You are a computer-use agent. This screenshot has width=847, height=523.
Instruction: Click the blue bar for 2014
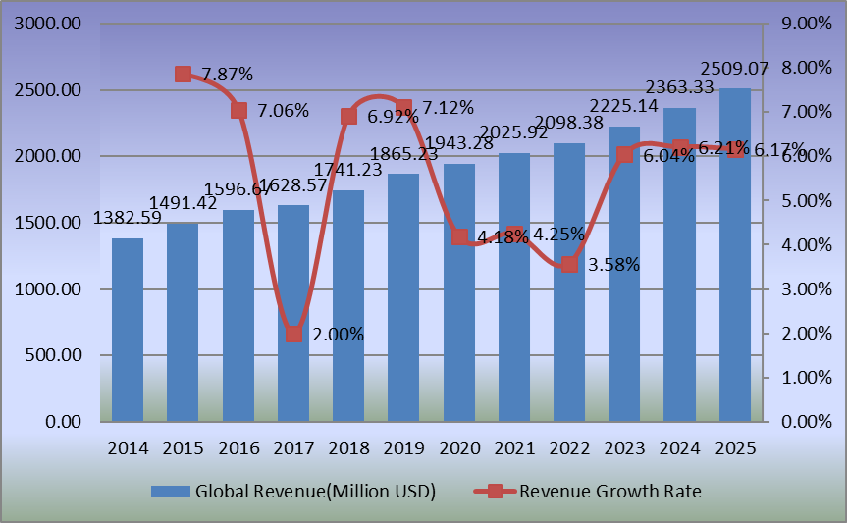click(128, 330)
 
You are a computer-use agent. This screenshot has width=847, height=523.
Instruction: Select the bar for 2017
click(293, 314)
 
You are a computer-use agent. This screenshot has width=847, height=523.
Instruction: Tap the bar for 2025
click(734, 255)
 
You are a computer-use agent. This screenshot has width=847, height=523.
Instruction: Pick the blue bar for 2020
click(458, 292)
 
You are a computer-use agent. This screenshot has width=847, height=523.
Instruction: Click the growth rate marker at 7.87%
click(183, 75)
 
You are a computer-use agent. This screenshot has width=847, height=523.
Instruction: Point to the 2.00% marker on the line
click(293, 335)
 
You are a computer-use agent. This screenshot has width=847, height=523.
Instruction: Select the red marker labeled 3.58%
click(569, 264)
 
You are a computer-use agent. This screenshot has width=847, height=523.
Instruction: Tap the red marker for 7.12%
click(403, 108)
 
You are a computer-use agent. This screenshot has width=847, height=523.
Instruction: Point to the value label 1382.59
click(128, 219)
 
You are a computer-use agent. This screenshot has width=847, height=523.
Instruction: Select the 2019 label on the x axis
click(403, 447)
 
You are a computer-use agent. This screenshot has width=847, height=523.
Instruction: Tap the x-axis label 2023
click(624, 447)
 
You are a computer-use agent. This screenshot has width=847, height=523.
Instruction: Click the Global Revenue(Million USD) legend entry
click(293, 491)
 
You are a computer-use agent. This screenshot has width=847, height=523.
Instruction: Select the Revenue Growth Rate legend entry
click(589, 491)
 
